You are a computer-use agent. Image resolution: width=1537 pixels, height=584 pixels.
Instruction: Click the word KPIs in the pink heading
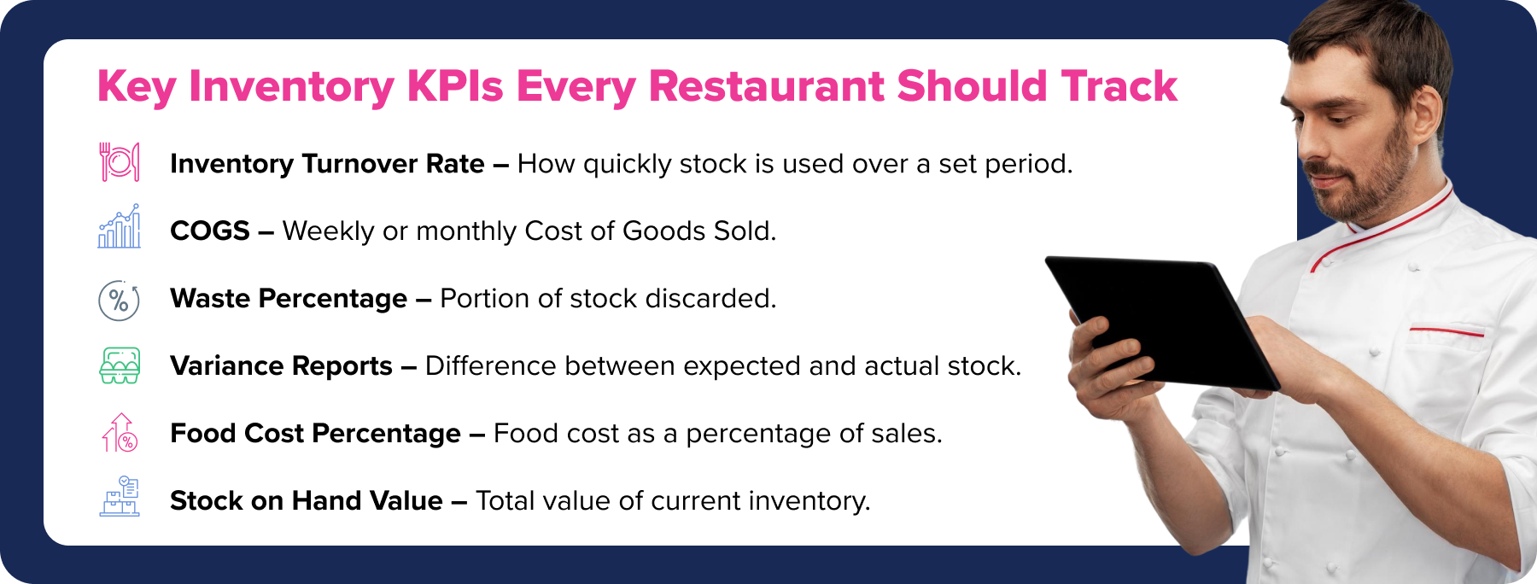(455, 86)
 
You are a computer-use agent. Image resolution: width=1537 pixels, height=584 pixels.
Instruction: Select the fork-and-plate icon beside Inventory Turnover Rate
(120, 162)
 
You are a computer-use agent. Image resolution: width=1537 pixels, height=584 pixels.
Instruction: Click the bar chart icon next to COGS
(120, 226)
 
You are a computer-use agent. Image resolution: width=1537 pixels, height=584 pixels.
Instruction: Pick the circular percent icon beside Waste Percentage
(120, 300)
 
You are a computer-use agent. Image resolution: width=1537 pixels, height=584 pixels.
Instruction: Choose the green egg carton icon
(120, 365)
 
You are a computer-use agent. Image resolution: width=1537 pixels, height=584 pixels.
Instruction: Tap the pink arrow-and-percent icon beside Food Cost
(120, 433)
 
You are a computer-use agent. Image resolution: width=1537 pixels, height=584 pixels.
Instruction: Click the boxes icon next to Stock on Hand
(120, 497)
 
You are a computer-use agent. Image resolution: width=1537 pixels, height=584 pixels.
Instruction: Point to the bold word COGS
(210, 231)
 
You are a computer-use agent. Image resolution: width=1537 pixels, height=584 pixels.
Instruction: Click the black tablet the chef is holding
(1163, 323)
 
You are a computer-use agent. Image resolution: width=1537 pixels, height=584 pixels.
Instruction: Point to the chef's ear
(1424, 120)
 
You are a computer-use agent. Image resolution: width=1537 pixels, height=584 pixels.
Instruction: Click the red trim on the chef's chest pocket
(1446, 330)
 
